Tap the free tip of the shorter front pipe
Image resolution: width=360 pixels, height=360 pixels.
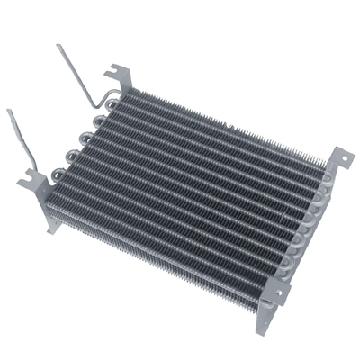[9, 112]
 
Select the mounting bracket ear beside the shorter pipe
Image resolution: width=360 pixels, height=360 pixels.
[29, 183]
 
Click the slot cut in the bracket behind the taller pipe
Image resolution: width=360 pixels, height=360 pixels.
[113, 68]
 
